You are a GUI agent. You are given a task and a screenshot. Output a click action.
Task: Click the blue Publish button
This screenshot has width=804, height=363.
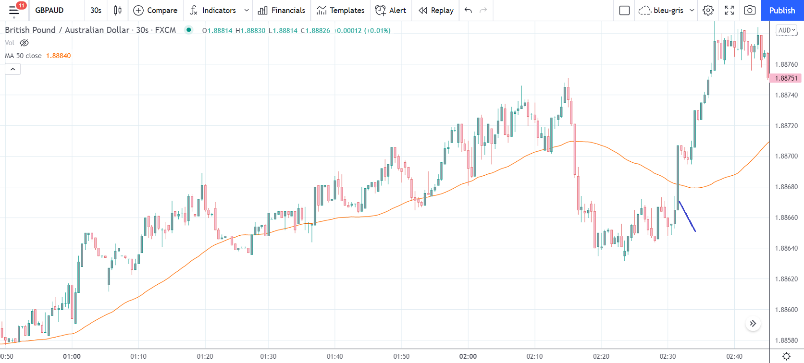click(782, 10)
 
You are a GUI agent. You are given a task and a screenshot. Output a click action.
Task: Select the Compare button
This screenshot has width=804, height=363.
click(155, 10)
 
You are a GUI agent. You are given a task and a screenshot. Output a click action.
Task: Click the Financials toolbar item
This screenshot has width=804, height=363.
click(282, 10)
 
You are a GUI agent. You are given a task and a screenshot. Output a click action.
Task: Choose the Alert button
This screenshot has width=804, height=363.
click(391, 10)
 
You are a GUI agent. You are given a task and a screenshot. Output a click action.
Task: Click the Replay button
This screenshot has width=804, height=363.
click(436, 10)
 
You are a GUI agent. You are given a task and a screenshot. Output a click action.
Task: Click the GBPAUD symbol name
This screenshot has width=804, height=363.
click(49, 10)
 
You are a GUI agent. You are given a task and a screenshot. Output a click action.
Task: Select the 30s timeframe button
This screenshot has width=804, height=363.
click(96, 10)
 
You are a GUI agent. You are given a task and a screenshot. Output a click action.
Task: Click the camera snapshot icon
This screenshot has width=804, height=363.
click(750, 10)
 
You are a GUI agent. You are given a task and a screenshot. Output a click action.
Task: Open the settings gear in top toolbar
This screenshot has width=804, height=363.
click(708, 10)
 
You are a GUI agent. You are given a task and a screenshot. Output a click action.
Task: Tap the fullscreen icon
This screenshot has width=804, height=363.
click(729, 10)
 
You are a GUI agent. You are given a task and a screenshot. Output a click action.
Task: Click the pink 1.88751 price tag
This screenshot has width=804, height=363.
click(786, 78)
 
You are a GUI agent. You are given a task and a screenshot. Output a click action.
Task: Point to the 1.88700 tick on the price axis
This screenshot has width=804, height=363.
click(786, 156)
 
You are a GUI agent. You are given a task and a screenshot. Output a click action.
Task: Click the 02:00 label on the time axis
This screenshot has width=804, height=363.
click(468, 356)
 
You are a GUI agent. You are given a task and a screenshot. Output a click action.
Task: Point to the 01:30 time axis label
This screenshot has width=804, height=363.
click(268, 356)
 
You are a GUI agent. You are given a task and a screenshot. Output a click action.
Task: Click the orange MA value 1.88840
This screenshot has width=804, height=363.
click(58, 56)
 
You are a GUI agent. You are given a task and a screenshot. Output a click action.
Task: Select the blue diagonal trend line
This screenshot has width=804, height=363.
click(687, 217)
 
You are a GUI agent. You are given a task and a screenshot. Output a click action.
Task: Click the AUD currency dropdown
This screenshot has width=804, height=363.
click(786, 30)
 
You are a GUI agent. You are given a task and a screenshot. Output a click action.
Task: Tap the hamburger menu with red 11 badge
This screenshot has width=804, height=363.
click(14, 10)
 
